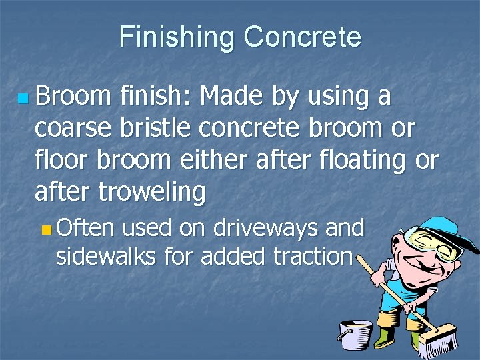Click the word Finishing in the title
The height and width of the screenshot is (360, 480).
point(177,37)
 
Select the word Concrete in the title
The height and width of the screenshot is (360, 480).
point(302,37)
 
